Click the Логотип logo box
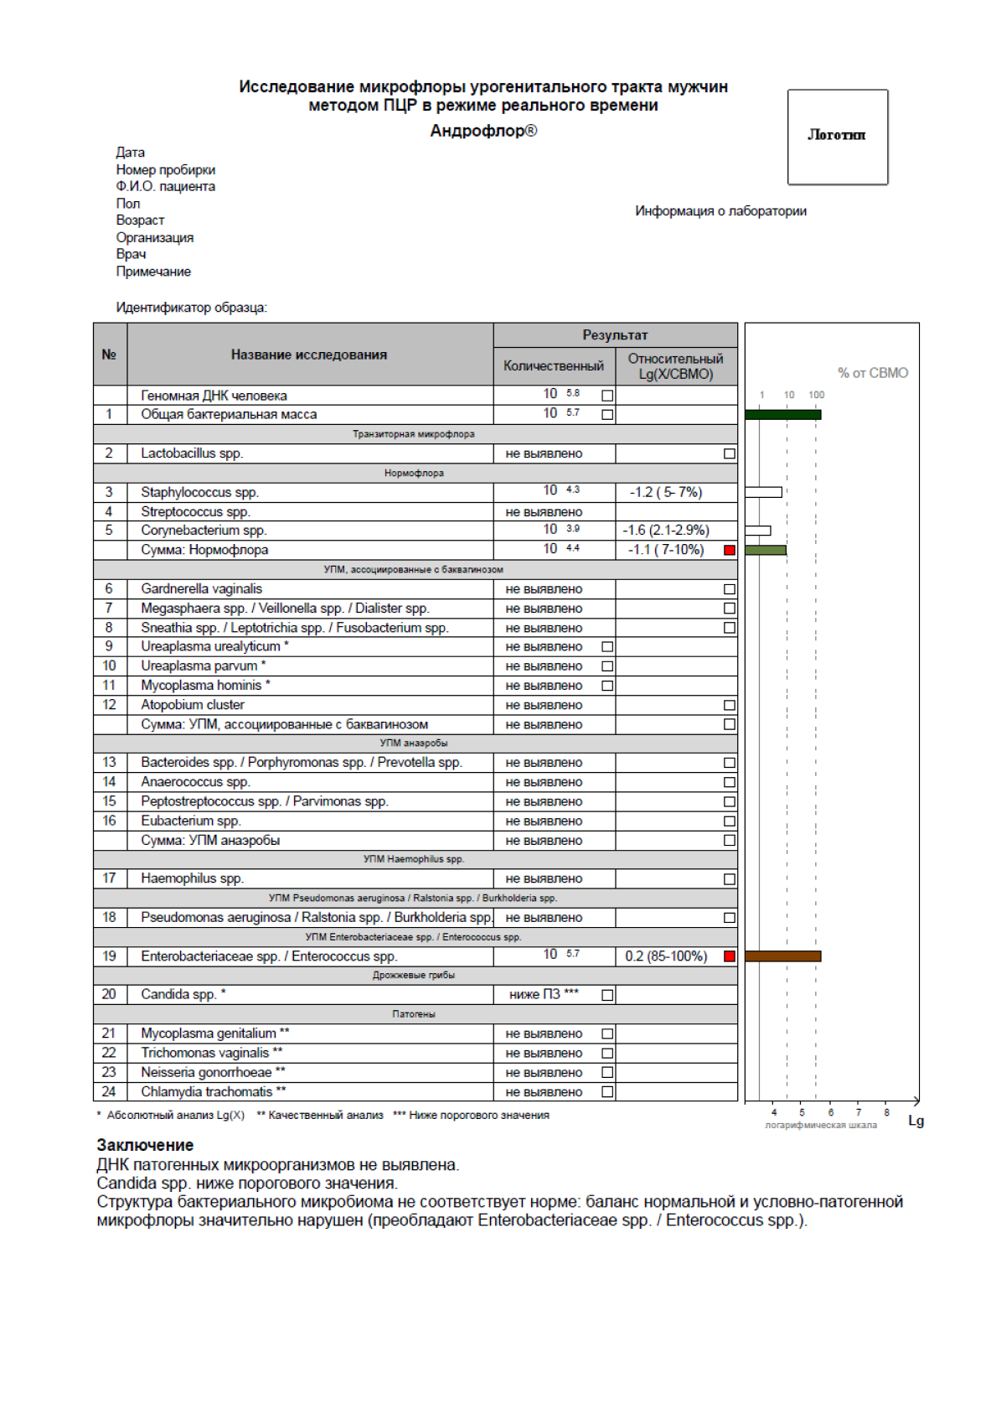(x=837, y=137)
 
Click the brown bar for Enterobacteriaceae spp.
(x=782, y=956)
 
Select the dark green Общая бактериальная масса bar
(x=782, y=414)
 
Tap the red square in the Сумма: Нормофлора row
(x=730, y=551)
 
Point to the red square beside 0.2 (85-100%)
(x=730, y=956)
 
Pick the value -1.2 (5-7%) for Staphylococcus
(x=665, y=493)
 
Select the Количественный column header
(x=553, y=366)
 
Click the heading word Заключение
(x=145, y=1145)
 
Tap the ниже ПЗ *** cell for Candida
(x=544, y=995)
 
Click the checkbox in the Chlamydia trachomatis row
(x=607, y=1092)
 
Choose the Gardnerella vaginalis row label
(x=201, y=589)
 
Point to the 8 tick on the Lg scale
(x=886, y=1112)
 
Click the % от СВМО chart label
(x=872, y=373)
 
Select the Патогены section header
(x=414, y=1014)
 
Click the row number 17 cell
(x=109, y=878)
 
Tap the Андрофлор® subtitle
(x=483, y=131)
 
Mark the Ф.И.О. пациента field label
(x=165, y=187)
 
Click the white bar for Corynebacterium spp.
(x=757, y=531)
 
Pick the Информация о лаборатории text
(x=720, y=211)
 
